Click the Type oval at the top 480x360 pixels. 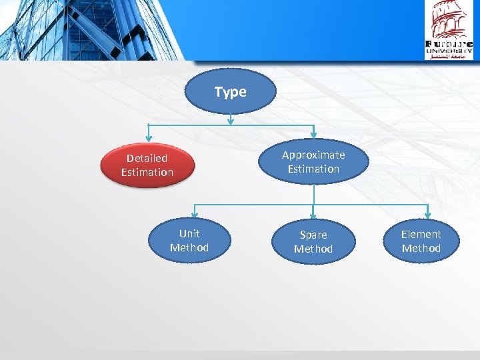point(230,91)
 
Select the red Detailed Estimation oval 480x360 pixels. point(147,165)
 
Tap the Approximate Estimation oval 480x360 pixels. point(313,161)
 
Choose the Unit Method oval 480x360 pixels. point(189,241)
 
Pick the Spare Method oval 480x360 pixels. point(313,242)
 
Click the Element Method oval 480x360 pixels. point(421,241)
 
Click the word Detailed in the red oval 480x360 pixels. point(147,158)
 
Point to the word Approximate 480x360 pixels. point(313,155)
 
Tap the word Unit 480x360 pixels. point(189,233)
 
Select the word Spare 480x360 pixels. point(313,235)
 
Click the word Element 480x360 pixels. point(421,234)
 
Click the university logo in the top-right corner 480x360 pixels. point(449,30)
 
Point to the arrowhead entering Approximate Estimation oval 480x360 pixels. point(313,135)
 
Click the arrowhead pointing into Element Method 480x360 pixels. point(427,215)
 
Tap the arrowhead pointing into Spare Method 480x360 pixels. point(313,215)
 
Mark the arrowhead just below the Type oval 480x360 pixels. point(230,121)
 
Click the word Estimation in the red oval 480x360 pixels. point(147,173)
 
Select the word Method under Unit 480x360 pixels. point(189,248)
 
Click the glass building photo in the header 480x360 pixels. point(93,30)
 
